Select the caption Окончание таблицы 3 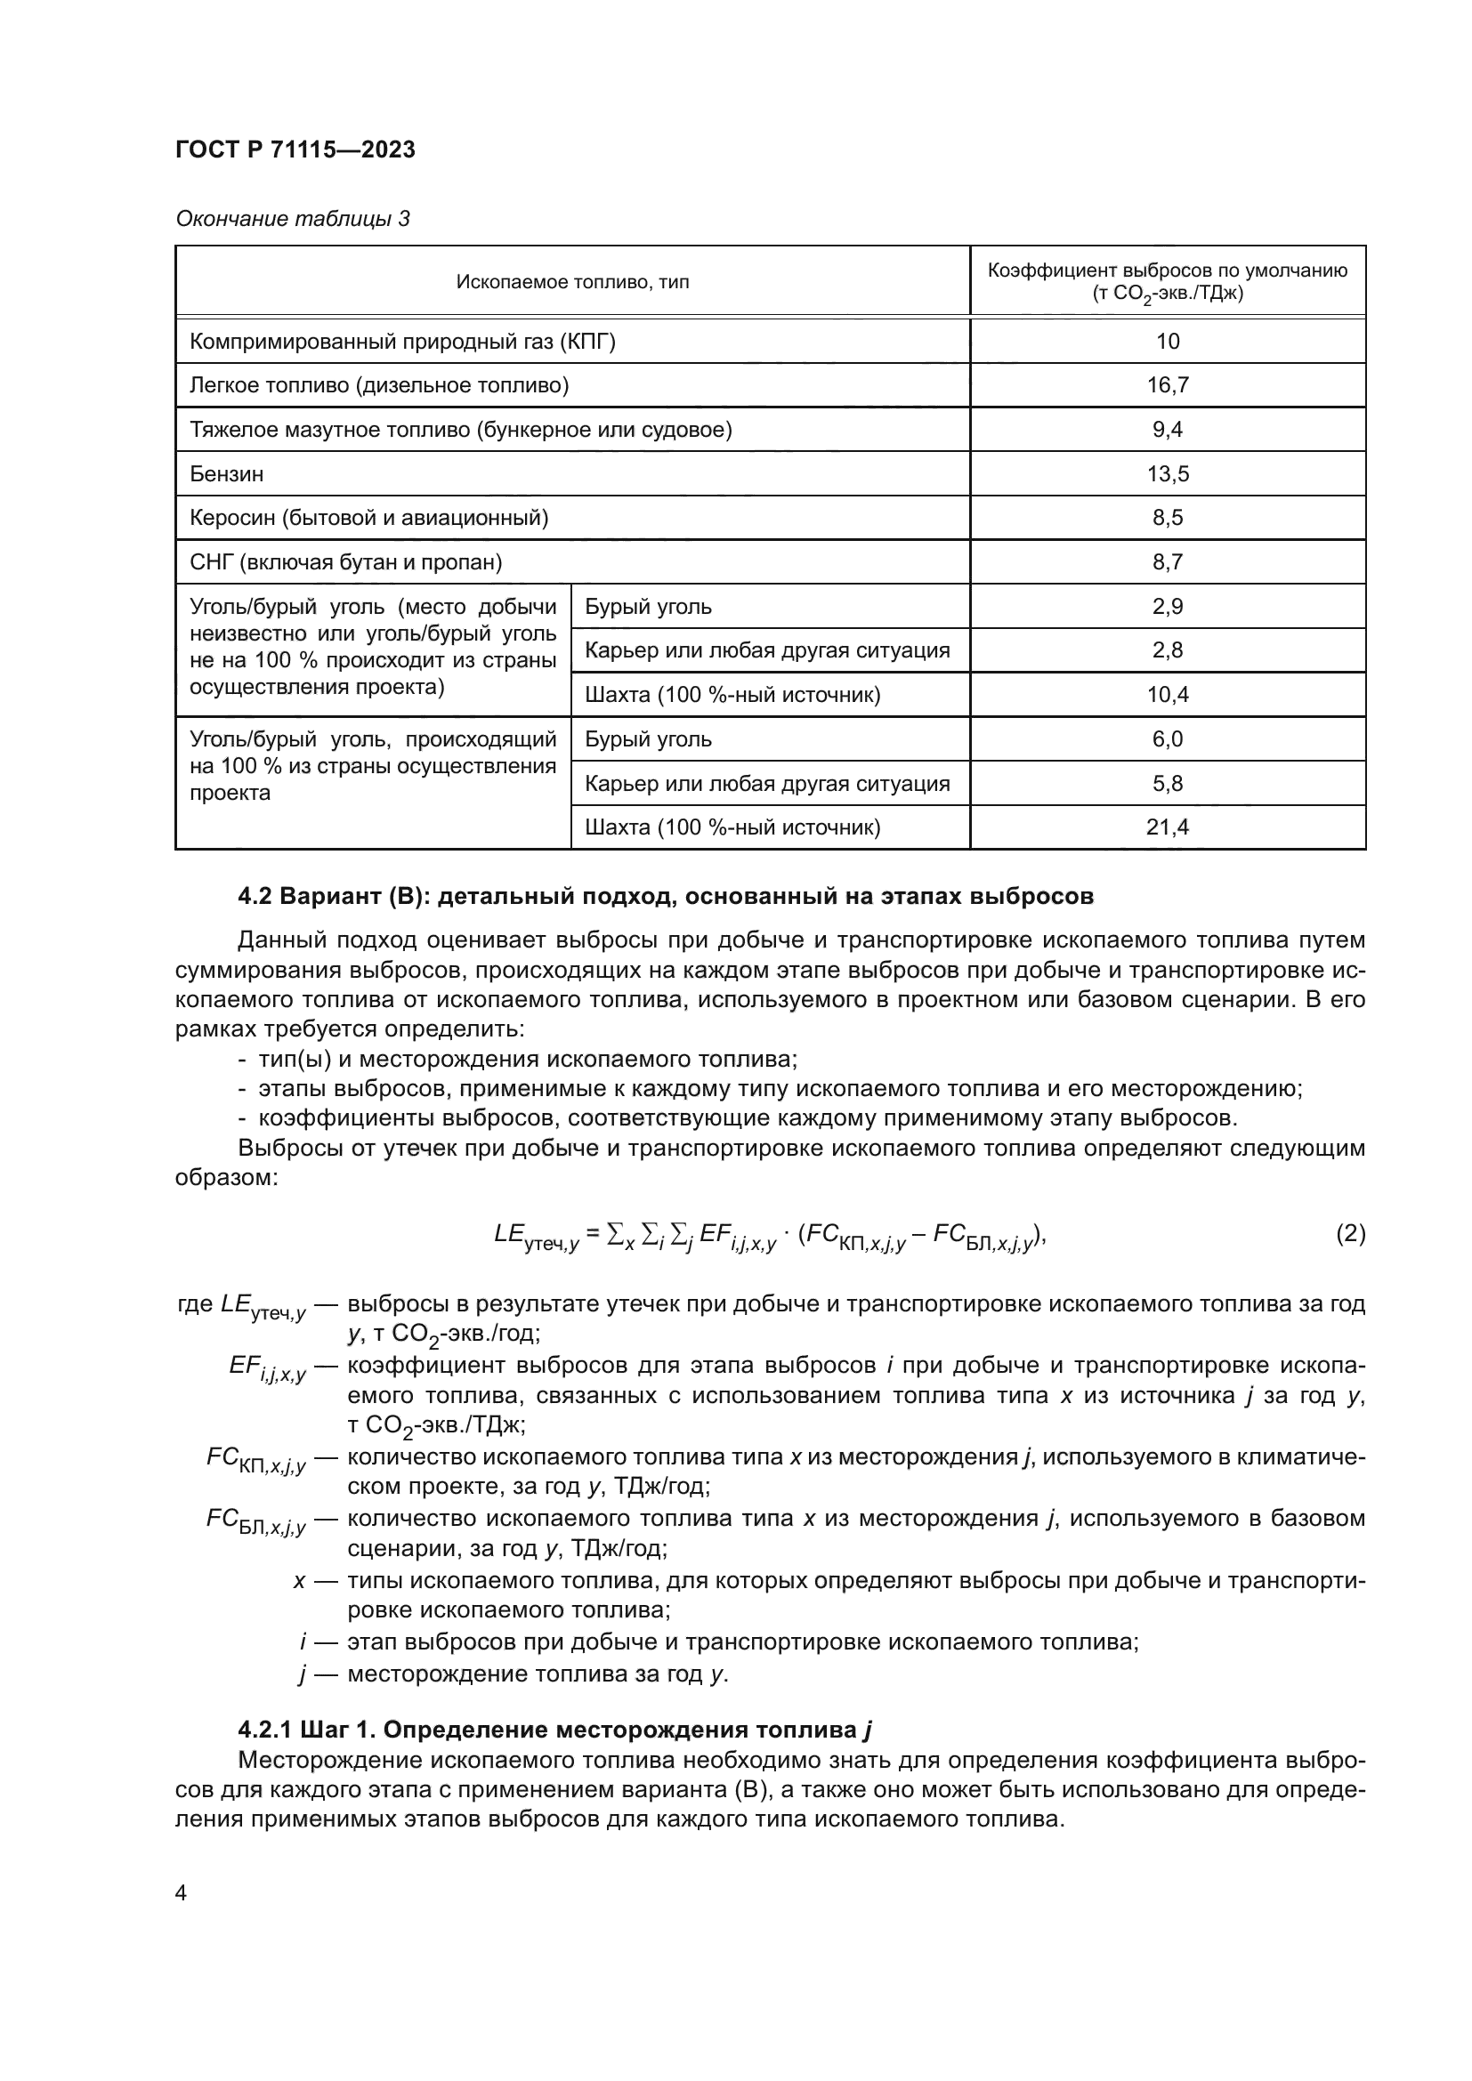[293, 220]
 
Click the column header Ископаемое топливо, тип [572, 282]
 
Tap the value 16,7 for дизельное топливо [1167, 385]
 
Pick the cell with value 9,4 [1167, 430]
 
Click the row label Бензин [227, 474]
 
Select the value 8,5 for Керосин [1167, 519]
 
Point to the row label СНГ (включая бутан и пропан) [345, 563]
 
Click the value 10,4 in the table [1167, 695]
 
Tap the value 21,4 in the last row [1167, 827]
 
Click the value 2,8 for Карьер [1167, 650]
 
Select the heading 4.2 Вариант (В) [666, 897]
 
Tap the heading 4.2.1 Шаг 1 [554, 1730]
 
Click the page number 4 [182, 1893]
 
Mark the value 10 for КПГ [1167, 342]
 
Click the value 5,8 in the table [1167, 784]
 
